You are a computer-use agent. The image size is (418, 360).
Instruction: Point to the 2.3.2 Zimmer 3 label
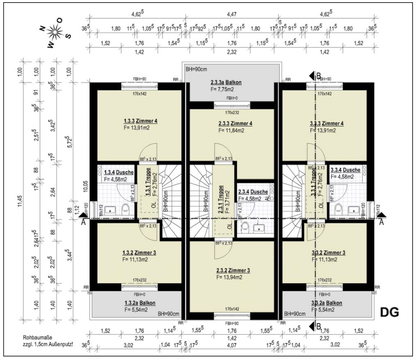pyautogui.click(x=233, y=270)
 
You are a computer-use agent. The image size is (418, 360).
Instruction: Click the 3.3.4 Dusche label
pyautogui.click(x=345, y=170)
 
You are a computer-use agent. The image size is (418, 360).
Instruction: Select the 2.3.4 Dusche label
pyautogui.click(x=253, y=192)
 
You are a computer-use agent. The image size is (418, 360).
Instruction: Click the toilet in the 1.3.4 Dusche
pyautogui.click(x=125, y=209)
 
